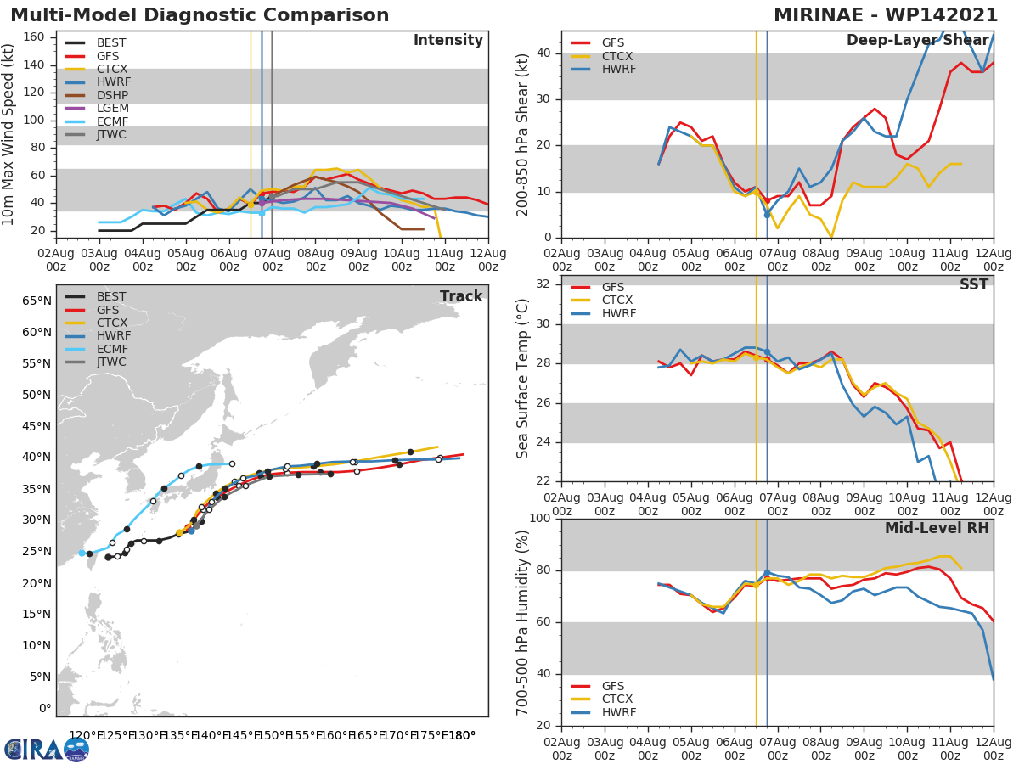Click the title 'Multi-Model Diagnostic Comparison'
pos(200,15)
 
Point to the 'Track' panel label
pos(461,296)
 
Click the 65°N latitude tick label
pos(37,301)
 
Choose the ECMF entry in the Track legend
pos(111,349)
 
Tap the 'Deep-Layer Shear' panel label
pos(917,41)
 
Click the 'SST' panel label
pos(974,285)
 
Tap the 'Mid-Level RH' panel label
pos(937,528)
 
